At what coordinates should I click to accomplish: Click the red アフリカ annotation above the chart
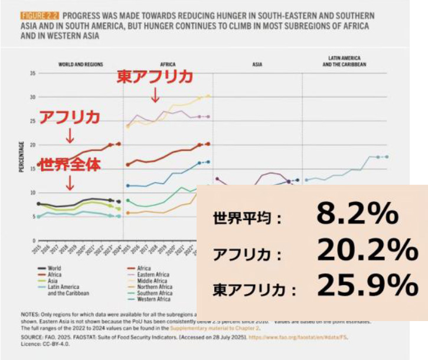coord(70,116)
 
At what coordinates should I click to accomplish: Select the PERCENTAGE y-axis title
coord(22,156)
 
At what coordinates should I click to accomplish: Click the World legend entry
coord(54,268)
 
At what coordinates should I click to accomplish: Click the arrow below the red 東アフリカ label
coord(154,94)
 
